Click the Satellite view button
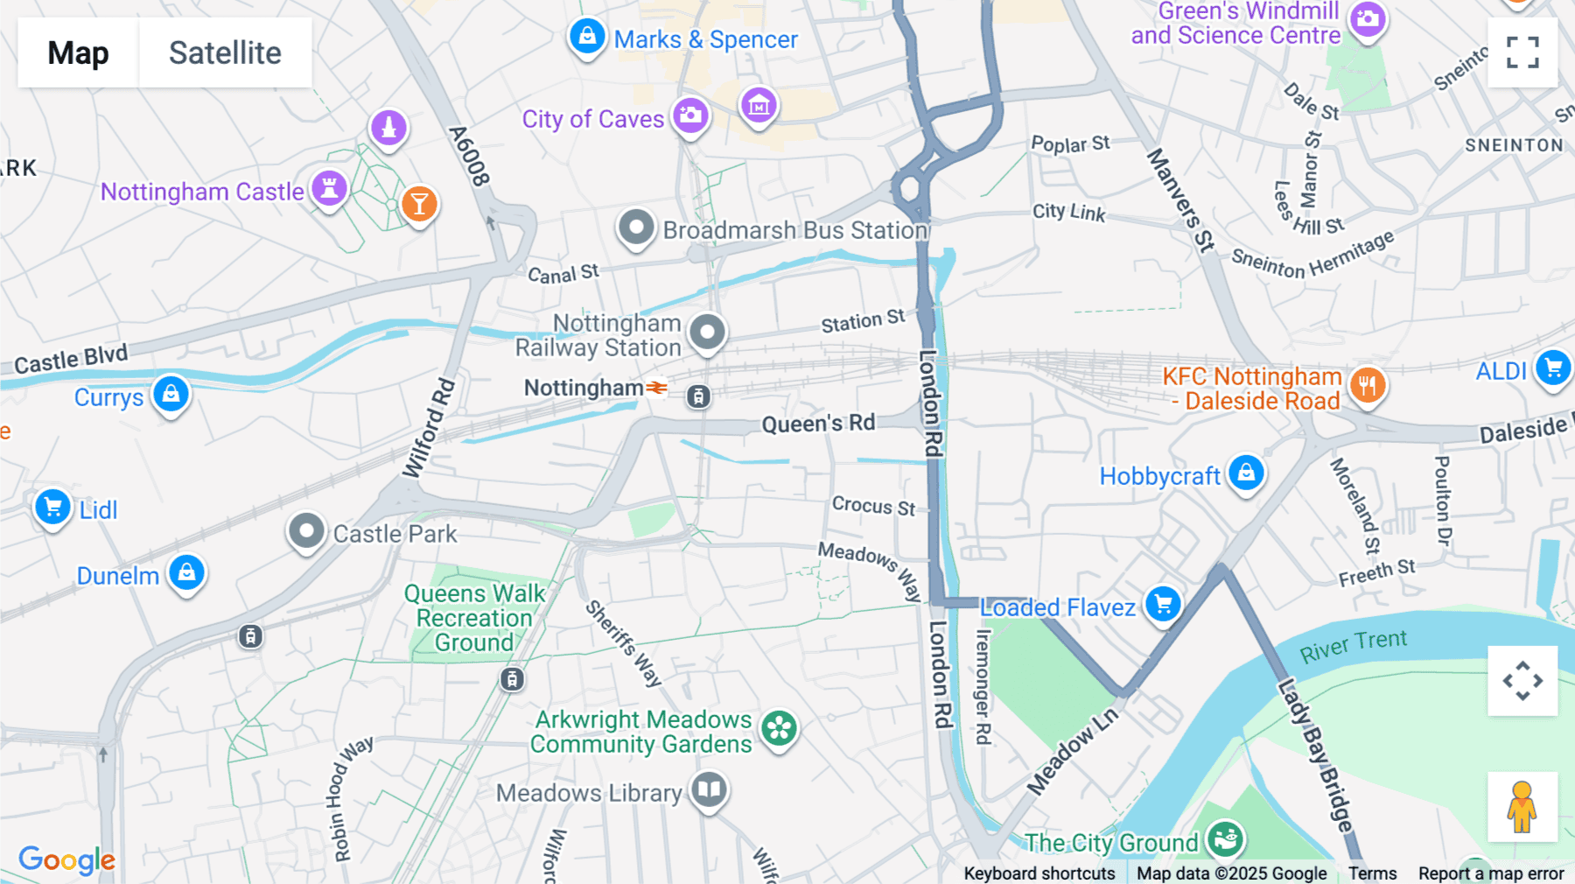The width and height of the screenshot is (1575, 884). (x=225, y=53)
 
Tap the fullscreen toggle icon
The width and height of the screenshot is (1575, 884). (x=1522, y=53)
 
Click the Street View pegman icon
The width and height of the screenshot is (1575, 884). (x=1522, y=806)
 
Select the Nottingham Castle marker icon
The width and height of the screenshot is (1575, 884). (x=330, y=188)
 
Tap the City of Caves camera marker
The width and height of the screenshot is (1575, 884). (x=690, y=116)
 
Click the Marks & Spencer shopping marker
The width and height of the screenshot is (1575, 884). (x=587, y=37)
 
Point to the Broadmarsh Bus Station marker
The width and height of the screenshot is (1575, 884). (x=636, y=228)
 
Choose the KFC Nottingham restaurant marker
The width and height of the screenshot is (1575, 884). (x=1368, y=384)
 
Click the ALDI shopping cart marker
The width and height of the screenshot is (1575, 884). (x=1553, y=368)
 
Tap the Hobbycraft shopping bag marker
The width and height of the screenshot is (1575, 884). (x=1246, y=473)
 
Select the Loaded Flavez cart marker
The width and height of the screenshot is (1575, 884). (x=1163, y=604)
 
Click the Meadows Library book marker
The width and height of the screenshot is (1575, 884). (x=709, y=789)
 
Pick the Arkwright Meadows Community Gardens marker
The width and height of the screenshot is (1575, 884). (x=778, y=728)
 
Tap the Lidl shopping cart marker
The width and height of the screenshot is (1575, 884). (x=52, y=507)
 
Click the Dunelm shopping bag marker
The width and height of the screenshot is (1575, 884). (x=186, y=573)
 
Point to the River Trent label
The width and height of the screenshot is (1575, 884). (x=1353, y=646)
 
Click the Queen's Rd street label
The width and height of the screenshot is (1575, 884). (x=818, y=424)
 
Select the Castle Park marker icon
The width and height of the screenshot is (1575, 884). (x=306, y=531)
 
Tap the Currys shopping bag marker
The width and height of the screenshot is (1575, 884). (x=171, y=394)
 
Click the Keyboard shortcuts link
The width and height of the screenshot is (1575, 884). (x=1039, y=873)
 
